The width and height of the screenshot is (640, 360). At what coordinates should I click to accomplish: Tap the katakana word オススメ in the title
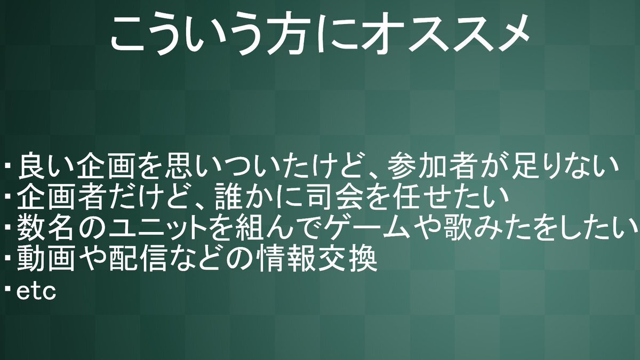tap(443, 34)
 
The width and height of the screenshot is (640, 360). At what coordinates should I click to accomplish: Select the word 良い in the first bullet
tap(46, 166)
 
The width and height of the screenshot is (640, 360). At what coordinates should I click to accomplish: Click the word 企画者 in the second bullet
tap(60, 197)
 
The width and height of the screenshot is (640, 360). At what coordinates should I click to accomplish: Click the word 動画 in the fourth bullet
tap(46, 259)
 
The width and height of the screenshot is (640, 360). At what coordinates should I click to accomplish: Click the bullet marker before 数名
tap(8, 227)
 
